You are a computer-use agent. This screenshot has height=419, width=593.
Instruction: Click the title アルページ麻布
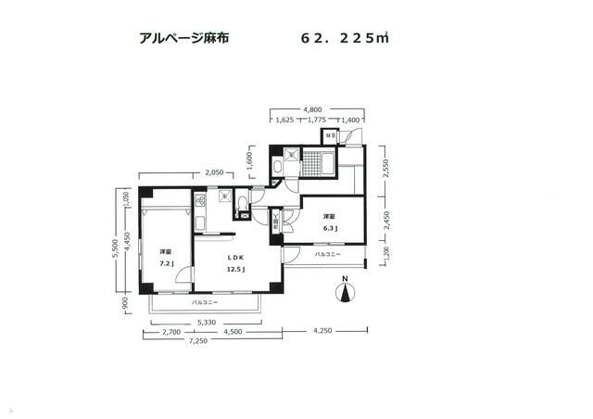click(183, 39)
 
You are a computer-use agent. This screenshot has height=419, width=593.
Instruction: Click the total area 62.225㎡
click(344, 39)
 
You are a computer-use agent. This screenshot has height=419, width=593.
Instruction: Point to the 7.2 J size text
click(167, 262)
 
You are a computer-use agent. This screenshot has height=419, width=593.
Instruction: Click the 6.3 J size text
click(329, 228)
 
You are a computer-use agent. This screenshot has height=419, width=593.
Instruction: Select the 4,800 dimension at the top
click(315, 106)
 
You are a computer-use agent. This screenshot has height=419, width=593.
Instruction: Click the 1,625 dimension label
click(285, 120)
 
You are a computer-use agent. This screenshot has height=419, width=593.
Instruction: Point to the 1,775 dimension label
click(316, 120)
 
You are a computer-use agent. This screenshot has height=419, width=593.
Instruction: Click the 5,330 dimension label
click(207, 322)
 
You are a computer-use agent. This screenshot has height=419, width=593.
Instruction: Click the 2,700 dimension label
click(170, 331)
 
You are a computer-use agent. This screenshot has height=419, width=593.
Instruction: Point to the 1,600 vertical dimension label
click(250, 160)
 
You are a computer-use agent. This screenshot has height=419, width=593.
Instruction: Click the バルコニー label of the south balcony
click(205, 303)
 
